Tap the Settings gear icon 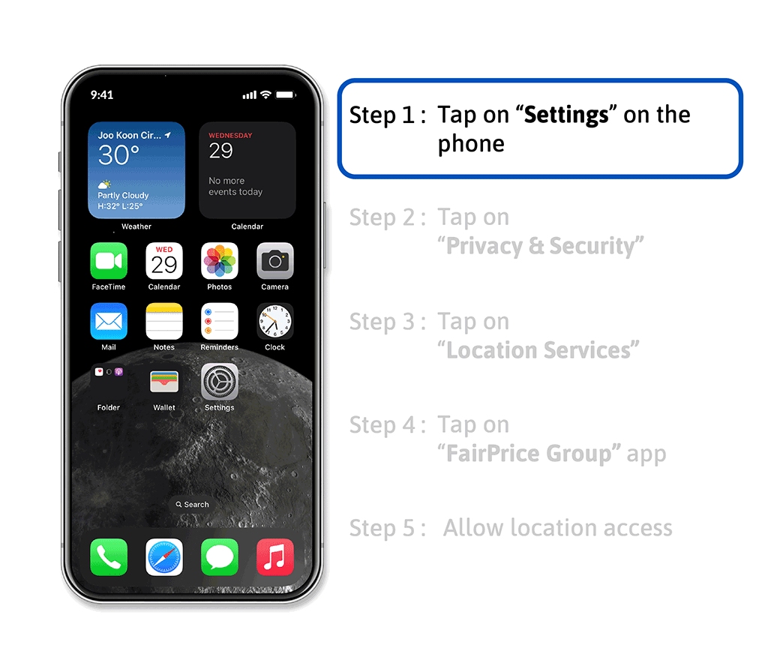click(220, 382)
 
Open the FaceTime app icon click(109, 260)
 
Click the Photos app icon click(220, 260)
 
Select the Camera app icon click(274, 260)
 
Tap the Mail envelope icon click(109, 321)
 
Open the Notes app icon click(164, 321)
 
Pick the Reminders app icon click(220, 321)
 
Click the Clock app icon click(274, 321)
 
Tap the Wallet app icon click(164, 382)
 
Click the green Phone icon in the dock click(109, 557)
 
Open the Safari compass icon click(164, 557)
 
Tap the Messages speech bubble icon click(220, 557)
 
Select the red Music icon click(274, 557)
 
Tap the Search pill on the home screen click(192, 505)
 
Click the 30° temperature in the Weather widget click(118, 155)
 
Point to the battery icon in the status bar click(286, 94)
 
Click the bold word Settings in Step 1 click(566, 115)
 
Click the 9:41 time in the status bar click(102, 94)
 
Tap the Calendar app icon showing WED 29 click(164, 260)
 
